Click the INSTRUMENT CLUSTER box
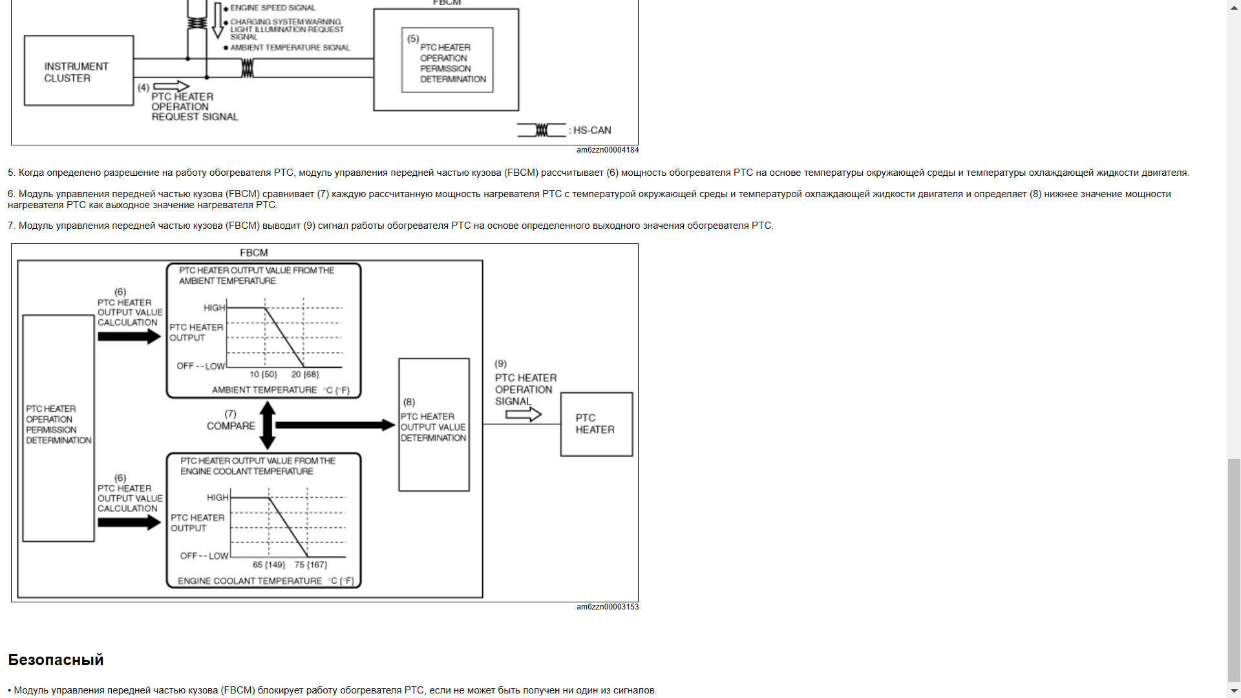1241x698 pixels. point(78,71)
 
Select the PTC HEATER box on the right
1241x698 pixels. point(596,424)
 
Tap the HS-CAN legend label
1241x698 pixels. point(592,131)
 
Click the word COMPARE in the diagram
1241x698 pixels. point(231,426)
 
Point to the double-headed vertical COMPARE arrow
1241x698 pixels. point(268,425)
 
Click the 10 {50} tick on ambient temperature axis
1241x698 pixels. point(263,375)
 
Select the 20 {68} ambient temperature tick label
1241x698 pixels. point(305,375)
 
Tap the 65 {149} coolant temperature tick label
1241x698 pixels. point(269,565)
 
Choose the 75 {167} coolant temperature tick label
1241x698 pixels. point(311,565)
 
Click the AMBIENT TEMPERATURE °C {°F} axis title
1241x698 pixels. point(281,390)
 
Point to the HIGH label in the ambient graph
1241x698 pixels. point(214,308)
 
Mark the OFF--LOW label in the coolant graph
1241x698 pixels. point(204,556)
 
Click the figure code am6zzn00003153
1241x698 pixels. point(608,607)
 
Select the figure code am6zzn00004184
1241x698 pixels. point(608,150)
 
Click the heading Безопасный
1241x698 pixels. point(56,660)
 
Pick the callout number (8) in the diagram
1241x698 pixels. point(409,402)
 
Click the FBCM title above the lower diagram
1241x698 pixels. point(253,253)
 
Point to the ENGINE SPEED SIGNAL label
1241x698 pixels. point(273,8)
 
